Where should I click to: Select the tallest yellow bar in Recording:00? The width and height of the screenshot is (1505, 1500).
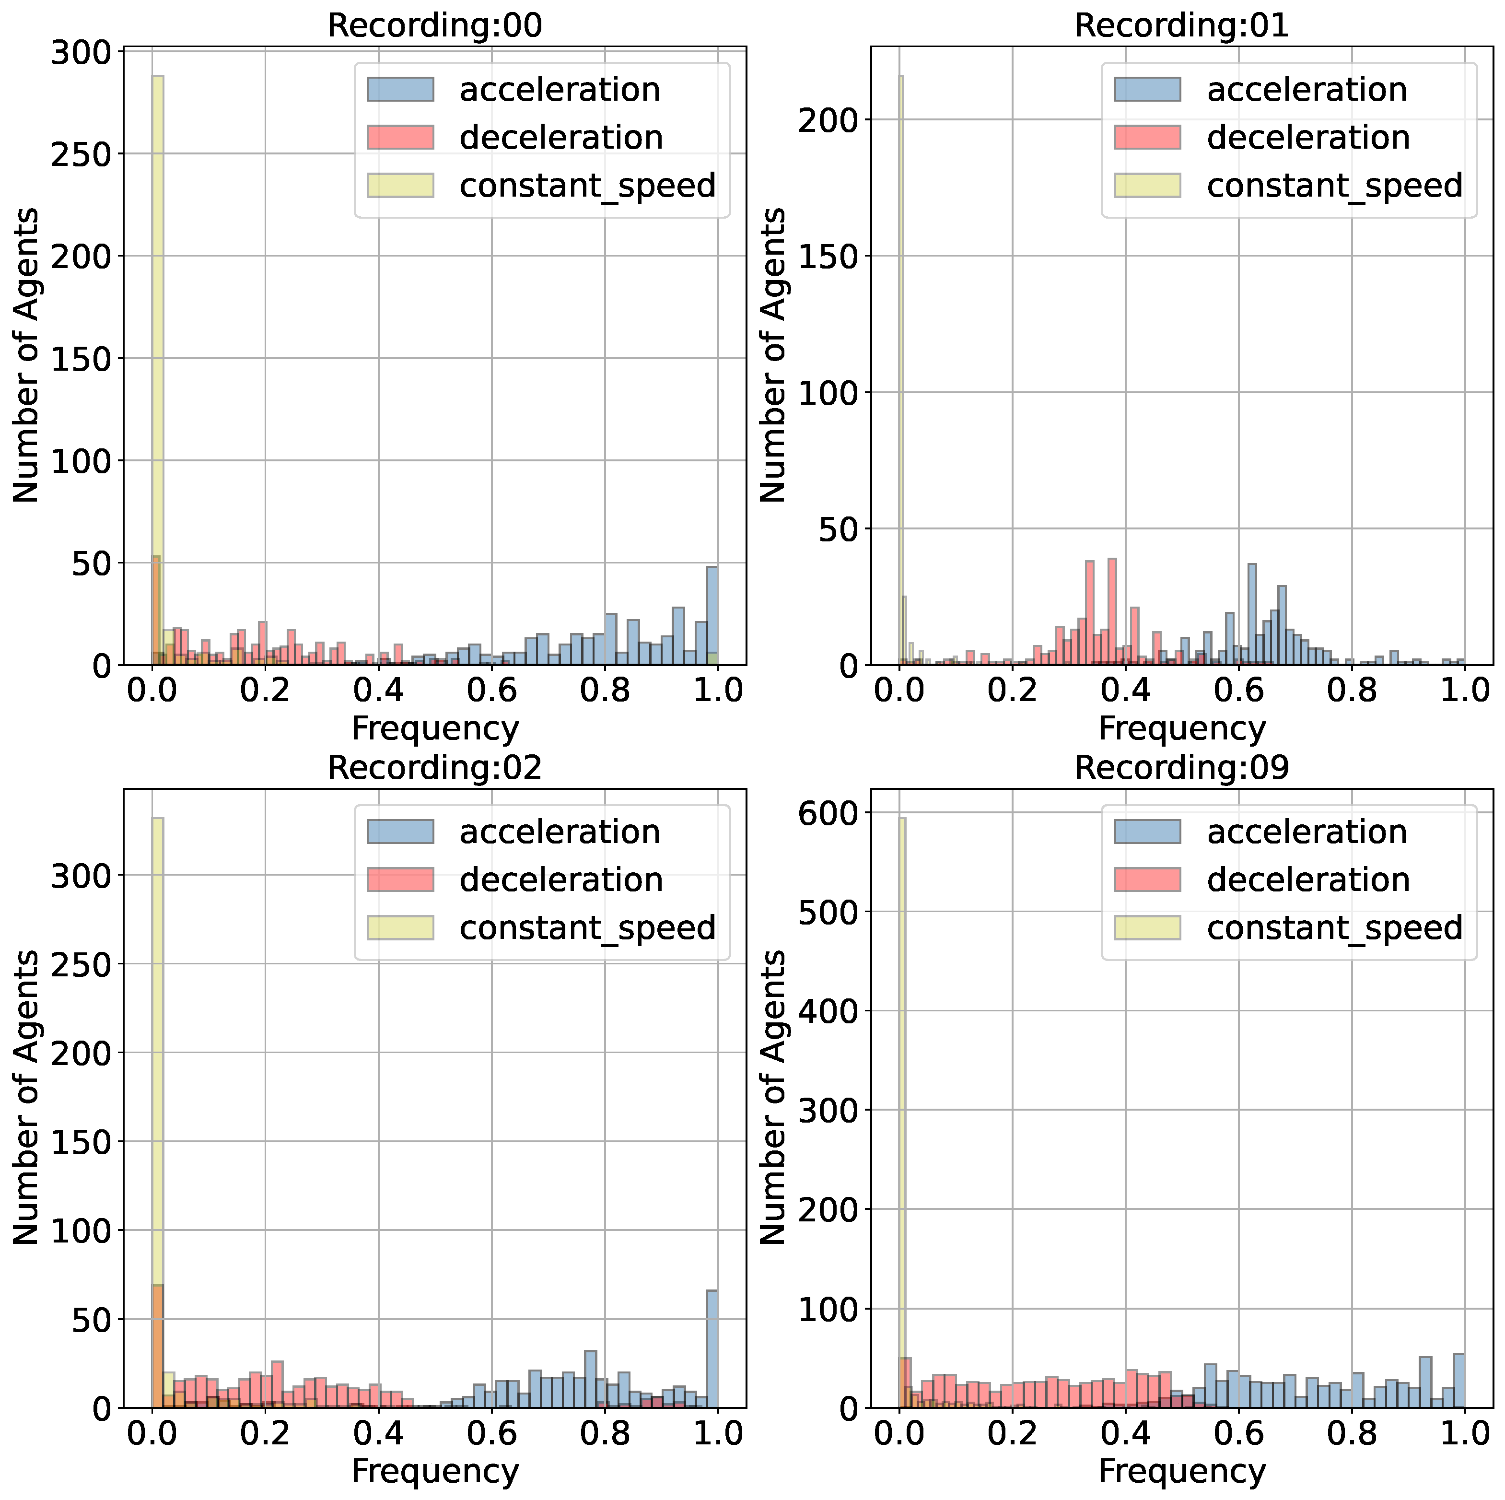[x=157, y=370]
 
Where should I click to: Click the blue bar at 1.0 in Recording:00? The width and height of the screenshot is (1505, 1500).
[x=712, y=616]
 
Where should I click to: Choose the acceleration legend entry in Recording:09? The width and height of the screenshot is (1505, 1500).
[x=1307, y=832]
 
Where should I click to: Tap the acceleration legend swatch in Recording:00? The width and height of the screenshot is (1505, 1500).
[x=400, y=90]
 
